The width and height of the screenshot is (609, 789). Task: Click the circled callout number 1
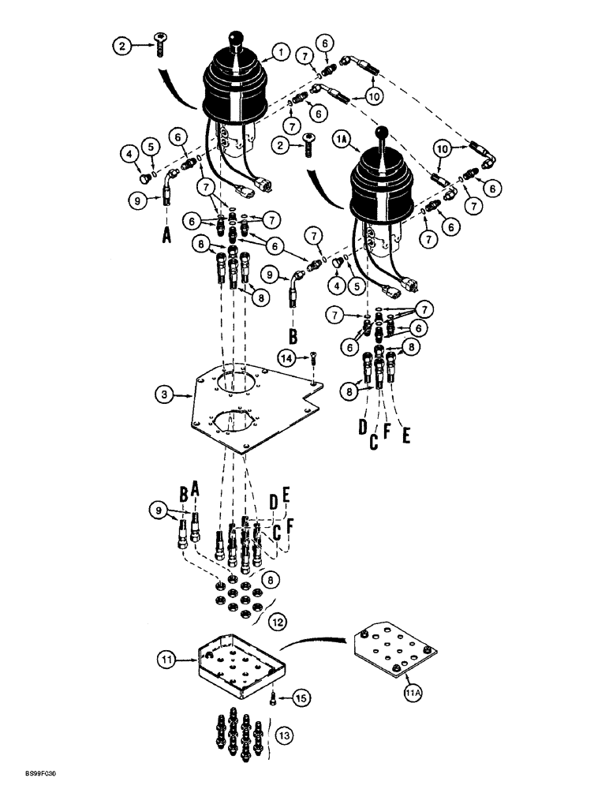click(x=278, y=54)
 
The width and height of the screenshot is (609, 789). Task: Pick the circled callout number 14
click(x=287, y=358)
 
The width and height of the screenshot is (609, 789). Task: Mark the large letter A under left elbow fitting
click(x=167, y=236)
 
